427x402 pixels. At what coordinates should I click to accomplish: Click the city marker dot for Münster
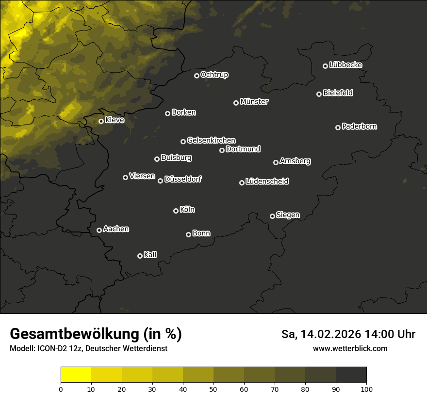click(x=236, y=103)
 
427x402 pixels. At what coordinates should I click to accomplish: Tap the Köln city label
click(x=187, y=210)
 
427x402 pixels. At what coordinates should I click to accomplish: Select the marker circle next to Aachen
click(x=99, y=230)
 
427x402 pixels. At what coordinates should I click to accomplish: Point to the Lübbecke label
click(x=345, y=65)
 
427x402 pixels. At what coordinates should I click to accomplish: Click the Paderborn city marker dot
click(x=338, y=127)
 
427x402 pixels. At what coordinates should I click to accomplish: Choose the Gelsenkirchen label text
click(x=211, y=140)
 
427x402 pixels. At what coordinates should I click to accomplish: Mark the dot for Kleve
click(x=101, y=121)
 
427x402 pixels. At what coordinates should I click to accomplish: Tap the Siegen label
click(x=288, y=215)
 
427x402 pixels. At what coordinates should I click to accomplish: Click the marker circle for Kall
click(x=140, y=256)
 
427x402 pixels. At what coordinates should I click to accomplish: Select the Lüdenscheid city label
click(x=267, y=182)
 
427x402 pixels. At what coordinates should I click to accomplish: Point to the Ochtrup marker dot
click(x=197, y=76)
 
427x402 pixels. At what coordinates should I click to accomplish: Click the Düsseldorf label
click(x=183, y=179)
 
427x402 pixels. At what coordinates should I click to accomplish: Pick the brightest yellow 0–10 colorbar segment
click(x=76, y=375)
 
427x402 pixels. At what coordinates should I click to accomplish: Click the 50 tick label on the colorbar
click(x=213, y=389)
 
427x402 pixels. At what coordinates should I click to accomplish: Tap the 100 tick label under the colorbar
click(x=366, y=389)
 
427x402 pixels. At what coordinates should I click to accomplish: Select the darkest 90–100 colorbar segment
click(x=351, y=375)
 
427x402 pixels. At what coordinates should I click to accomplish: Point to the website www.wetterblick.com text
click(x=350, y=348)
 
